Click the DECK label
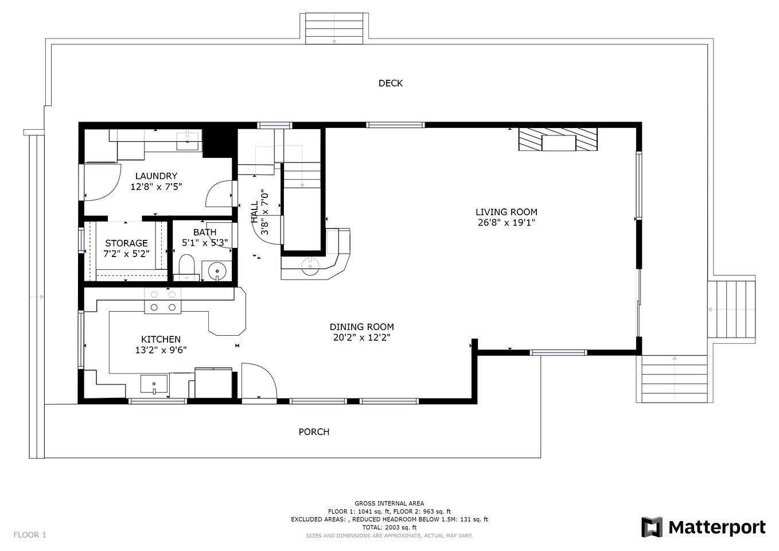click(x=390, y=83)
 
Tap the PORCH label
click(x=314, y=432)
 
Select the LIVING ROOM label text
click(x=507, y=212)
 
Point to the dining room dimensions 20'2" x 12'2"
click(x=361, y=337)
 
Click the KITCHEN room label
click(x=161, y=339)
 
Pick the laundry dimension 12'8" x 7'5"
click(x=156, y=187)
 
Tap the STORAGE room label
click(x=126, y=243)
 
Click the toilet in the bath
click(x=186, y=267)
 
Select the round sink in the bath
click(x=217, y=271)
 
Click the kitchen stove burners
click(x=163, y=301)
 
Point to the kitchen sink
click(x=154, y=384)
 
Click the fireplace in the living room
click(x=558, y=139)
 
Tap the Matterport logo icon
click(x=652, y=527)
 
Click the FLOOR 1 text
click(x=30, y=535)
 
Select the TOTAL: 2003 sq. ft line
click(x=389, y=527)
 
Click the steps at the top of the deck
click(x=334, y=29)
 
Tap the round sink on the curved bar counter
click(x=310, y=266)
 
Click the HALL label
click(x=255, y=212)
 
